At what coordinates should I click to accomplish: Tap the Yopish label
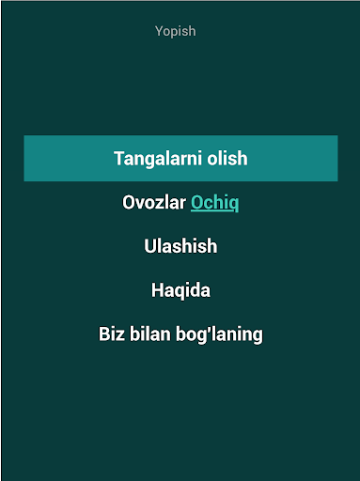(176, 31)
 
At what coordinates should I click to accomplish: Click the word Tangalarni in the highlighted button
(158, 159)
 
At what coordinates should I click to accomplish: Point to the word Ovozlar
(154, 202)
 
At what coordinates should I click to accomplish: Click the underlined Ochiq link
(214, 203)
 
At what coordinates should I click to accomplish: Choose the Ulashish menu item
(180, 246)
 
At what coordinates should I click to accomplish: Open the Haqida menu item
(180, 290)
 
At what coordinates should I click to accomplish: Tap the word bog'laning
(219, 334)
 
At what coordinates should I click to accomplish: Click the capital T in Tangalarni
(119, 158)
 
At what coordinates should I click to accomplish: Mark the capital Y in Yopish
(160, 31)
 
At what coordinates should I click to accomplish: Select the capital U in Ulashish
(150, 246)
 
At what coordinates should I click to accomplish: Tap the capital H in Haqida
(157, 290)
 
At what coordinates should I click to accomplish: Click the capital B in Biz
(104, 334)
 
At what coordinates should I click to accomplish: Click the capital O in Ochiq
(196, 202)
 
